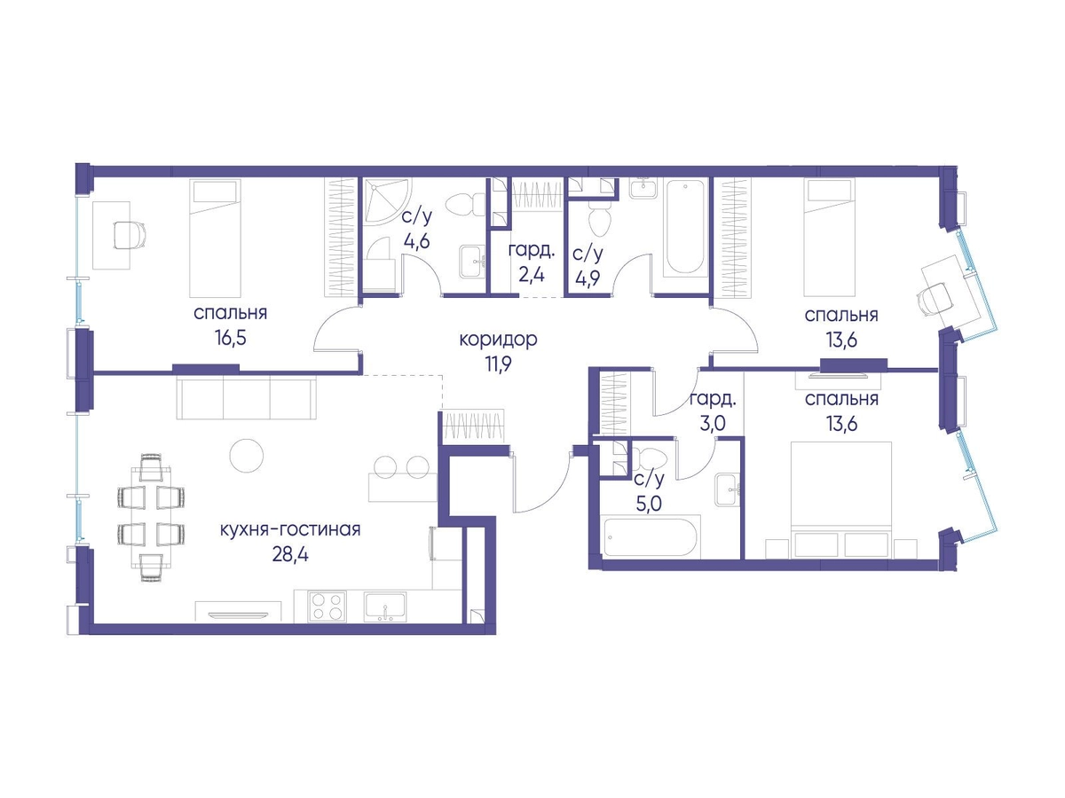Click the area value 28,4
pos(290,555)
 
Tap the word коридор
pos(498,340)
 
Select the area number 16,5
pos(231,338)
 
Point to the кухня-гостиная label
pos(290,529)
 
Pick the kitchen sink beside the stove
pos(385,606)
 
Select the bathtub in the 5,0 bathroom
pos(651,536)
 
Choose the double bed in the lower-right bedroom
pos(840,499)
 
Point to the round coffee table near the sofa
pos(247,456)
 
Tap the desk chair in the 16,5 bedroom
pos(129,235)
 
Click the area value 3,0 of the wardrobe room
pos(713,424)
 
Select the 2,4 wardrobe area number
pos(532,275)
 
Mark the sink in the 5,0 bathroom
pos(727,490)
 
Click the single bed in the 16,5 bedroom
pos(215,238)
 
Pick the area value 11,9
pos(498,364)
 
